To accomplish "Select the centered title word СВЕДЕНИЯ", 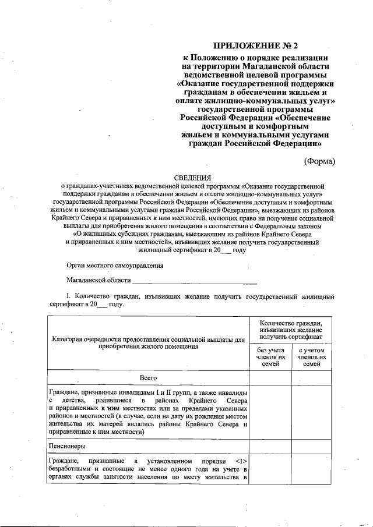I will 193,177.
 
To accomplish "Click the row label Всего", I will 149,378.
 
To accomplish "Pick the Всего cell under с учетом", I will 312,379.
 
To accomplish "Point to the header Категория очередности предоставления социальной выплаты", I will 148,342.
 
